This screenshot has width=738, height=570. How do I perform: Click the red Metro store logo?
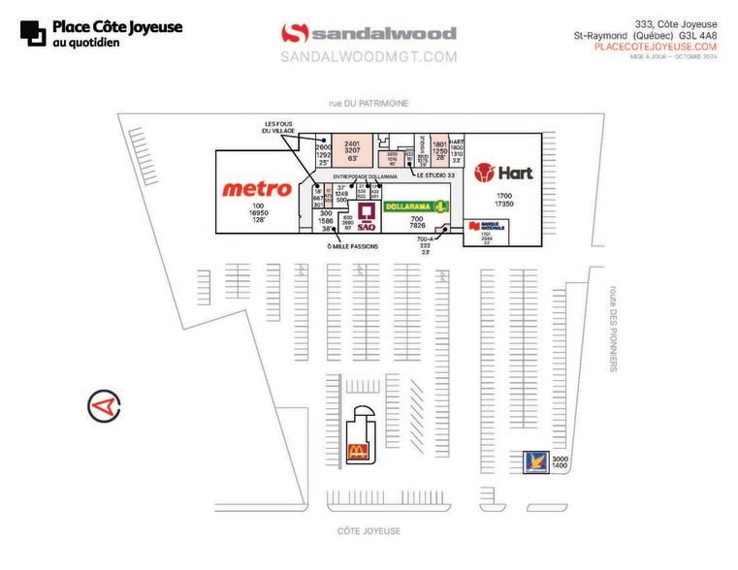(257, 189)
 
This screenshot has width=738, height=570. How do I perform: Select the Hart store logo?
(503, 174)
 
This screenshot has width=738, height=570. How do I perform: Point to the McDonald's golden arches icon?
(358, 452)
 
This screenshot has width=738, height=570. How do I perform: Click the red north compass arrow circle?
(104, 405)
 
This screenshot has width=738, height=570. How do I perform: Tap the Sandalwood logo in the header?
(369, 34)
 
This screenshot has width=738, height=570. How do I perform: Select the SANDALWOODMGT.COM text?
(369, 57)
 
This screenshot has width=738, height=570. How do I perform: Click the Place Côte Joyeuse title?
(116, 27)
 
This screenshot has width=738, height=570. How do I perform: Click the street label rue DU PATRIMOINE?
(368, 103)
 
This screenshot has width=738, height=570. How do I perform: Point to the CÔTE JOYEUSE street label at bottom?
(369, 531)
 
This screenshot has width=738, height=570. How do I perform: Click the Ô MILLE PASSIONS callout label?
(353, 247)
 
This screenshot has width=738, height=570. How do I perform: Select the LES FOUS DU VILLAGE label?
(278, 127)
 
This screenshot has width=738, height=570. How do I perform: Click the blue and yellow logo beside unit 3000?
(535, 461)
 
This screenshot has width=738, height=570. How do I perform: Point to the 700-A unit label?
(425, 239)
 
